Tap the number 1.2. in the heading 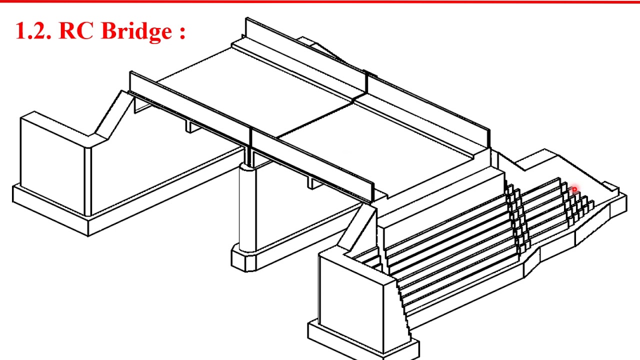[x=34, y=31]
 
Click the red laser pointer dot [x=574, y=189]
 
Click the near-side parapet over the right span [x=312, y=165]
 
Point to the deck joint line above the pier [x=315, y=120]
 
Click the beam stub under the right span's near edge [x=313, y=183]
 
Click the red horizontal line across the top [x=320, y=1]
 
